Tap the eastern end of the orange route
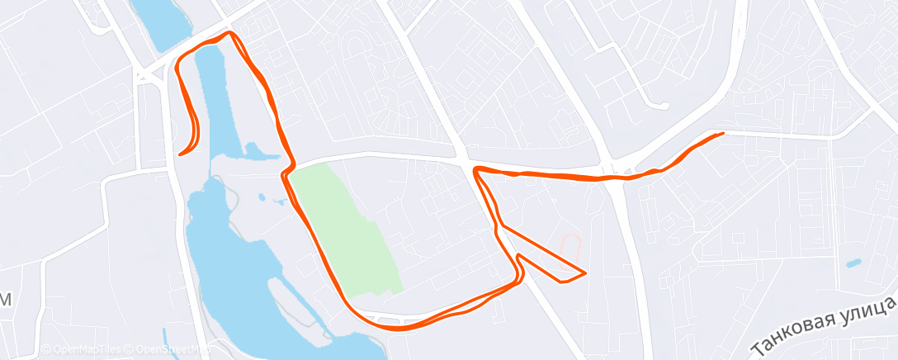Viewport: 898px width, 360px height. click(723, 133)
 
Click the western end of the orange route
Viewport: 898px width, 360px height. click(180, 154)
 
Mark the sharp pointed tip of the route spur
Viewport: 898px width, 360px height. click(584, 272)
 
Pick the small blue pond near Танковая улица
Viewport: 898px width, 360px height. click(853, 263)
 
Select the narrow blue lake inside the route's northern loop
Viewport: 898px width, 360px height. click(219, 99)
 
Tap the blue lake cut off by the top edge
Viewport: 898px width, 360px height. click(161, 21)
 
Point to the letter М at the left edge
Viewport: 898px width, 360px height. click(5, 301)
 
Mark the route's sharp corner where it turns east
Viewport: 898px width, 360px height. click(476, 170)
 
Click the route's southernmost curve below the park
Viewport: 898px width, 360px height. click(396, 328)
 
